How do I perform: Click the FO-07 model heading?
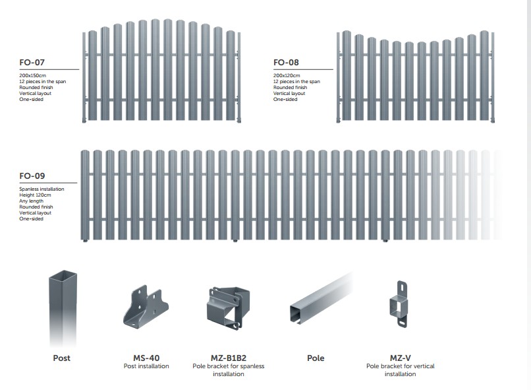32,63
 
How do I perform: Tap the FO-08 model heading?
286,63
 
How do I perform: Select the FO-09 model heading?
32,176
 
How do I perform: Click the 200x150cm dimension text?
32,76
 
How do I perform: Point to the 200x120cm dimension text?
286,76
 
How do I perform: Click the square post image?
63,307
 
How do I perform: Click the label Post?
62,358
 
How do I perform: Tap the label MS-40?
146,358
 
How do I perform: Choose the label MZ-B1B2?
229,358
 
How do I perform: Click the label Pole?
316,358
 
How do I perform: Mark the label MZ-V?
401,358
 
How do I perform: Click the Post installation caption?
146,366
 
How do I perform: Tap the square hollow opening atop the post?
63,275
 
